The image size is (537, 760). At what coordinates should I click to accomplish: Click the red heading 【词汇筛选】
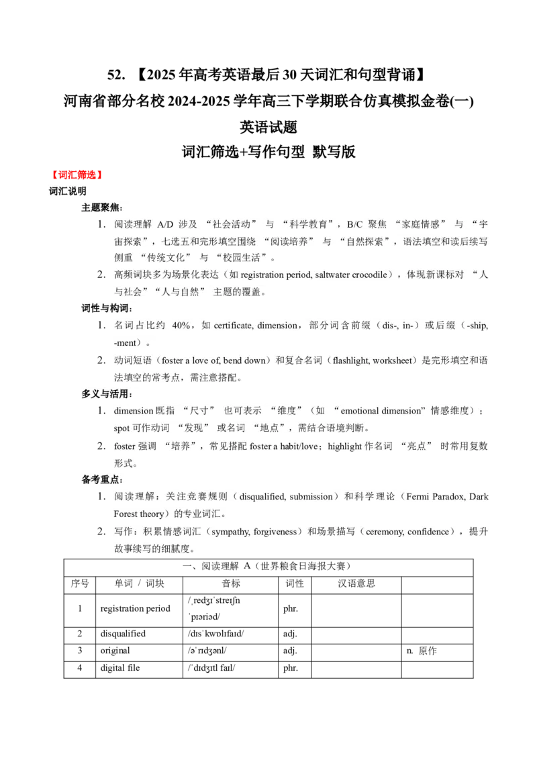tap(77, 175)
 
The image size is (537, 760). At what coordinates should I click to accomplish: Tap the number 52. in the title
tap(116, 75)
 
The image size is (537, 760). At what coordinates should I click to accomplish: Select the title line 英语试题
tap(268, 127)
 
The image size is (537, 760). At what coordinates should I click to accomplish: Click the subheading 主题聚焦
tap(101, 207)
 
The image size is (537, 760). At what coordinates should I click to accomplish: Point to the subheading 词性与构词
tap(106, 308)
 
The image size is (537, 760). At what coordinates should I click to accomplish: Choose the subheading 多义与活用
tap(106, 393)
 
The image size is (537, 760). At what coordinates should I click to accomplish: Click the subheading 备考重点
tap(101, 479)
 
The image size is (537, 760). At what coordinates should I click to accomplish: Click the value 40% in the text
tap(181, 326)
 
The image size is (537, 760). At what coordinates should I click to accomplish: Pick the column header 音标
tap(231, 583)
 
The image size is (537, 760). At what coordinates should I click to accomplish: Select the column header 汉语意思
tap(356, 583)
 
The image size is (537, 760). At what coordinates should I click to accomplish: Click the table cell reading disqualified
tap(123, 634)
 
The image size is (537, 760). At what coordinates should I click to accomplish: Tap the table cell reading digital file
tap(119, 667)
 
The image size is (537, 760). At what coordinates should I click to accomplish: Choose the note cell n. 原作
tap(422, 651)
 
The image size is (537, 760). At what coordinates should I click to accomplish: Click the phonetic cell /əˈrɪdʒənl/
tap(207, 651)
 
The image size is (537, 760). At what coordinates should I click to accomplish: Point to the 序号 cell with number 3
tap(80, 651)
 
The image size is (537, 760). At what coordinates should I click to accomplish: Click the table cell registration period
tap(135, 608)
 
